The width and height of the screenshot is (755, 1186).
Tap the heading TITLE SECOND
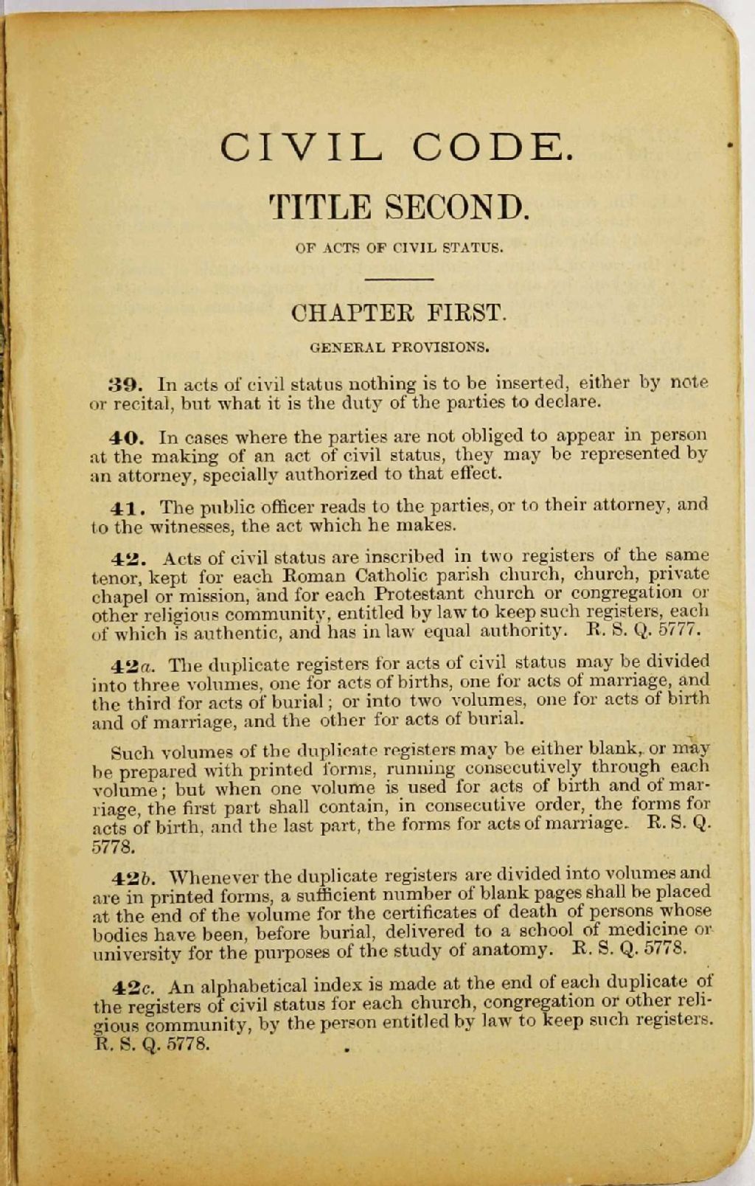[399, 207]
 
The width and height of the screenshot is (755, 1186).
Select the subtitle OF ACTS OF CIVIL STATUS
[399, 248]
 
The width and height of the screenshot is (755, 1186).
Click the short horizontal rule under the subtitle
[399, 279]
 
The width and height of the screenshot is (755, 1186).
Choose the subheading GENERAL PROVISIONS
[399, 345]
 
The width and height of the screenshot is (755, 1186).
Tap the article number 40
[124, 437]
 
